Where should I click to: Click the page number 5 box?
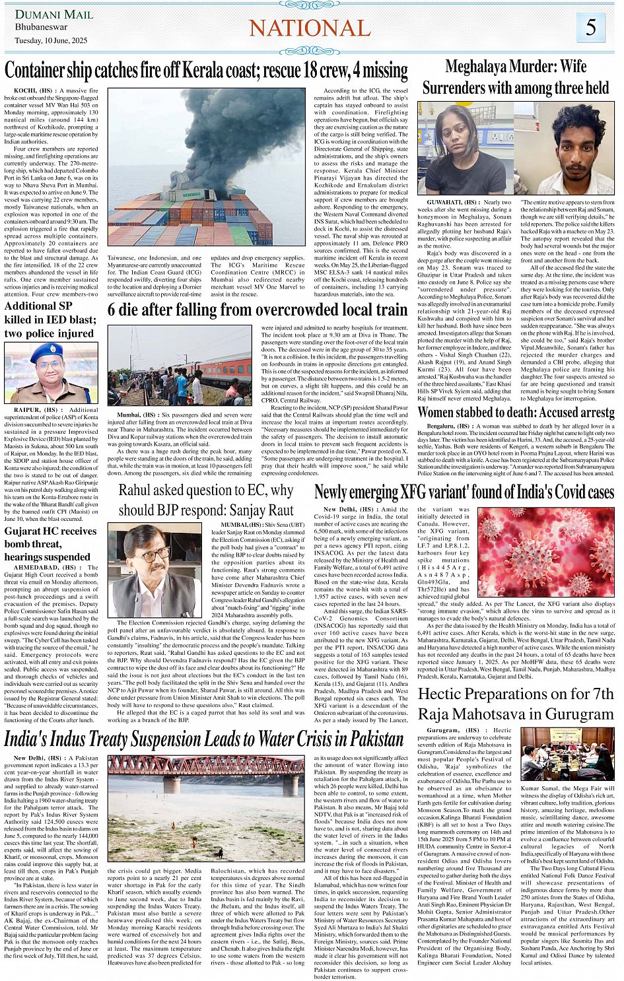coord(590,28)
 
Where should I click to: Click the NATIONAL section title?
coord(310,28)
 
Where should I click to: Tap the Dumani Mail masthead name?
coord(54,14)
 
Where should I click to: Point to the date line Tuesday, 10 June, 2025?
coord(51,40)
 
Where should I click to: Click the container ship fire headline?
coord(206,70)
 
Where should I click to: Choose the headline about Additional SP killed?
coord(50,320)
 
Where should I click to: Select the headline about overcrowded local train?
coord(258,310)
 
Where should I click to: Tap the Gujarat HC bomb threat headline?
coord(51,544)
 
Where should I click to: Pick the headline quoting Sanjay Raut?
coord(206,500)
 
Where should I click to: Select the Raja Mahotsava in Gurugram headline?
coord(516,704)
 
